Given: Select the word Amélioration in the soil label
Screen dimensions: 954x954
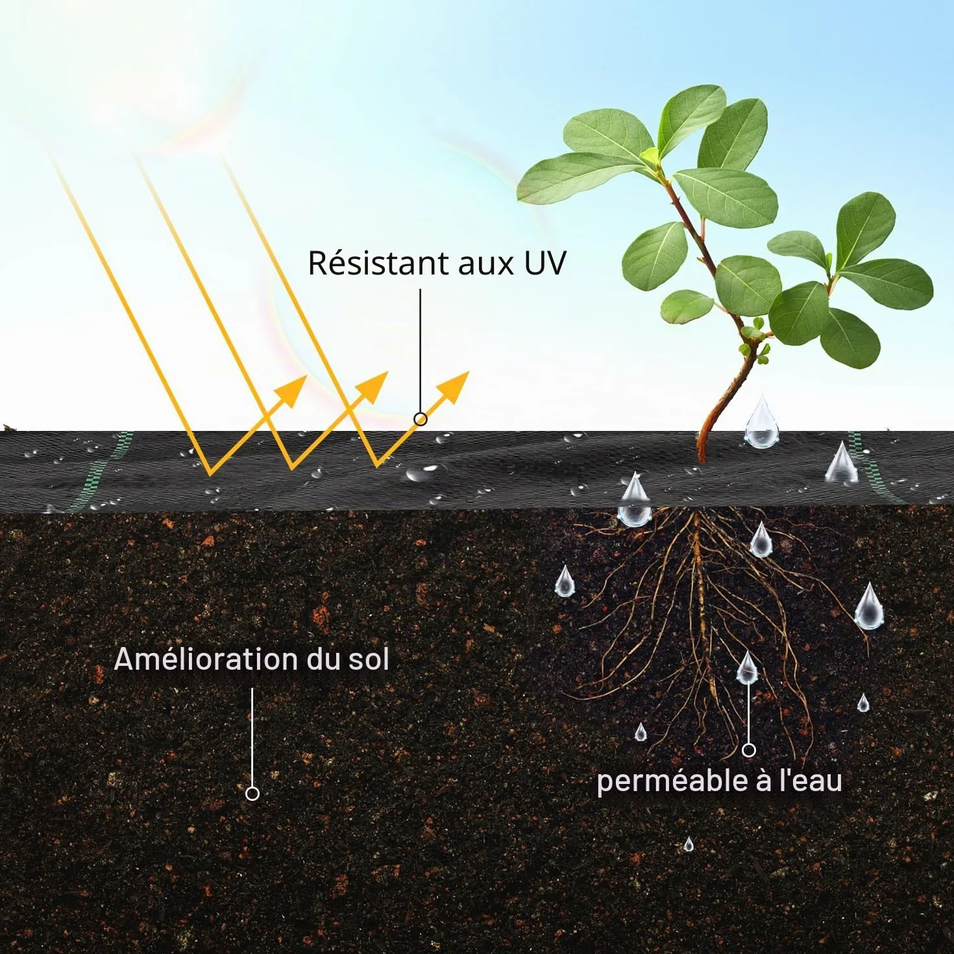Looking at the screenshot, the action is tap(206, 659).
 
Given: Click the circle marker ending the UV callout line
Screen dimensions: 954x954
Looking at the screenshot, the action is tap(421, 419).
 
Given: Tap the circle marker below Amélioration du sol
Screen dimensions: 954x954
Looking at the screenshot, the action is tap(252, 794).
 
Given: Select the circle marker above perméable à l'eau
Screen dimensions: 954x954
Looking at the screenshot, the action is tap(749, 750).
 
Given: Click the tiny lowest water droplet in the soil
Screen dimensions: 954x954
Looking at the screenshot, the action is tap(689, 844).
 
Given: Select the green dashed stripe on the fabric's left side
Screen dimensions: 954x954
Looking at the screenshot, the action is tap(99, 471).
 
